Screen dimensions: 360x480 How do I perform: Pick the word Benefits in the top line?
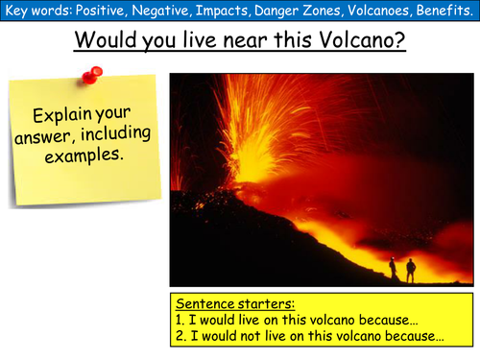coord(444,12)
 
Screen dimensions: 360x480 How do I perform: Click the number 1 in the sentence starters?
coord(177,321)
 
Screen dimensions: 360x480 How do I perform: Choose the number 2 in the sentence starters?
coord(177,338)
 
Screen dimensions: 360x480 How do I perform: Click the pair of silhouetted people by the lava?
coord(400,270)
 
